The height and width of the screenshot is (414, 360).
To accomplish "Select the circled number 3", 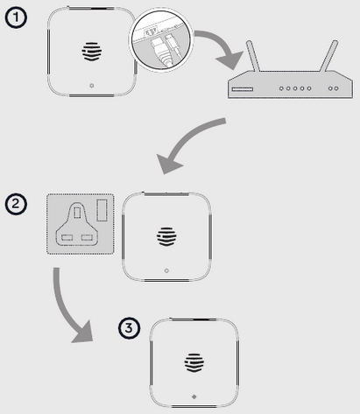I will pyautogui.click(x=129, y=328).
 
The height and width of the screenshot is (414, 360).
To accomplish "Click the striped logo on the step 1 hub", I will pyautogui.click(x=92, y=52).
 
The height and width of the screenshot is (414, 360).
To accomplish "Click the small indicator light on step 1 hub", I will pyautogui.click(x=92, y=86).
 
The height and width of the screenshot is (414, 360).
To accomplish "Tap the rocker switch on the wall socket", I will pyautogui.click(x=103, y=211).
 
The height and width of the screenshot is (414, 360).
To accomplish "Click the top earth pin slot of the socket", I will pyautogui.click(x=76, y=212).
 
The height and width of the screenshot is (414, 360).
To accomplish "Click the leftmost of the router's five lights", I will pyautogui.click(x=280, y=88).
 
